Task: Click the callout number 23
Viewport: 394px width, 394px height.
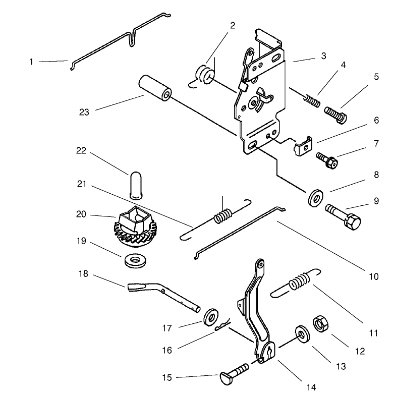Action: tap(84, 112)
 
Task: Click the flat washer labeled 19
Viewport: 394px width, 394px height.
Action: tap(135, 260)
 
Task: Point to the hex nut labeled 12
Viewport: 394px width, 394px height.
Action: tap(321, 323)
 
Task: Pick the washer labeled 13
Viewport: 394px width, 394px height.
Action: tap(302, 334)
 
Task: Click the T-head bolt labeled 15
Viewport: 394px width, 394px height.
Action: tap(234, 373)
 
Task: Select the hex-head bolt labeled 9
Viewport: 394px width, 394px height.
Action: tap(343, 217)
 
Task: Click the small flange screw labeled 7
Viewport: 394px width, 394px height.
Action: tap(327, 160)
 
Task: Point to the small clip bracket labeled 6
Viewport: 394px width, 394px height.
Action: tap(303, 146)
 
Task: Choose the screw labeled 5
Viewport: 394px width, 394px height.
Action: tap(335, 115)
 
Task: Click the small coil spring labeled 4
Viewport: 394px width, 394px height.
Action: tap(312, 100)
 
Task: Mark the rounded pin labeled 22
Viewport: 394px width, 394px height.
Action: tap(135, 186)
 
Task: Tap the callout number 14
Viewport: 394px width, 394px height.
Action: tap(311, 387)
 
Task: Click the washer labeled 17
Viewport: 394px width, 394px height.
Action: tap(210, 317)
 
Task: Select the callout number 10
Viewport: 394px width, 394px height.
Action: tap(374, 276)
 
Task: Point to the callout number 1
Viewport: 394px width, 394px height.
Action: tap(31, 62)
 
